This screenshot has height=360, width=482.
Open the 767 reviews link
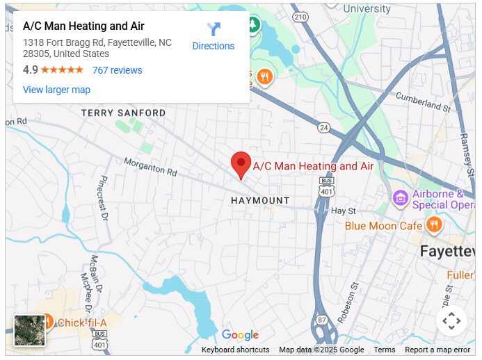click(x=117, y=70)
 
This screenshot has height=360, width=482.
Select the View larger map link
click(x=56, y=90)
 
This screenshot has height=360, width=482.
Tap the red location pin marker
click(x=241, y=165)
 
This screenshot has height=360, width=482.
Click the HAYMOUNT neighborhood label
click(x=260, y=200)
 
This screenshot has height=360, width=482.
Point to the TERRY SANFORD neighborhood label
click(x=123, y=113)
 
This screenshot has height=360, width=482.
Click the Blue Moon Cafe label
click(x=384, y=226)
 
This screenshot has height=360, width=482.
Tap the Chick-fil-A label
click(x=81, y=322)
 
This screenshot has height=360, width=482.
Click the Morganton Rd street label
click(x=150, y=167)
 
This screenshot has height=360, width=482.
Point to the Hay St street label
click(x=343, y=211)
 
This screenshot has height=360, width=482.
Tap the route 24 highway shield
click(x=323, y=127)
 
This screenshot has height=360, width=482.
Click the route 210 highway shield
click(x=300, y=17)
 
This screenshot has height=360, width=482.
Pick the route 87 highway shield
click(x=321, y=320)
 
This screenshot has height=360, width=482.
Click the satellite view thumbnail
click(x=30, y=330)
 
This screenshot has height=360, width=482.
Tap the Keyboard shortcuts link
click(x=235, y=350)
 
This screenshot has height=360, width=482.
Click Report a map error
click(x=437, y=350)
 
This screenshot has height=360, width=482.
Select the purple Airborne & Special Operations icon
click(x=400, y=199)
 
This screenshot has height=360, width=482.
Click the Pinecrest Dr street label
click(x=104, y=197)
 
